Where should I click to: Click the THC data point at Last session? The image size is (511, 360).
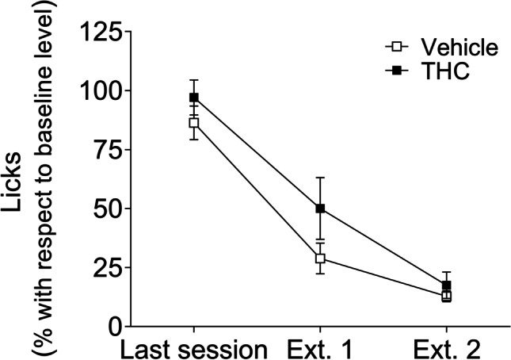[193, 98]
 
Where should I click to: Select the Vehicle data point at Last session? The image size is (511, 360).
[193, 123]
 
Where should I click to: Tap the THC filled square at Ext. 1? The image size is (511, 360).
[320, 209]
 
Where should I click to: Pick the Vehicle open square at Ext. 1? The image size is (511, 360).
[320, 258]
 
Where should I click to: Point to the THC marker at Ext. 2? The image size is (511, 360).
[446, 285]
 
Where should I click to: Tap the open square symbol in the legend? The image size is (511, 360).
[391, 48]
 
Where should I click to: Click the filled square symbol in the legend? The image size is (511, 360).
[391, 71]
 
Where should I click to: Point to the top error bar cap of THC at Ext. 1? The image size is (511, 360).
[320, 178]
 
